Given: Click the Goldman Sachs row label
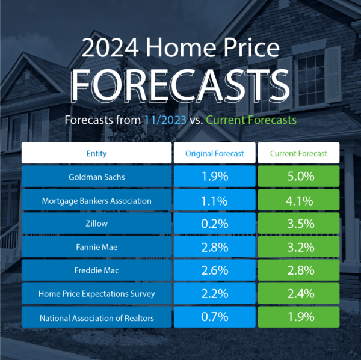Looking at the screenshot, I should [97, 177].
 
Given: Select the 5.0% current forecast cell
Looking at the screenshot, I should [298, 177].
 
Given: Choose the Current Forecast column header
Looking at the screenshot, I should [298, 154].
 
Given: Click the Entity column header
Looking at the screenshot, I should [97, 154].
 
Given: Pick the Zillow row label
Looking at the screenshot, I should [97, 224].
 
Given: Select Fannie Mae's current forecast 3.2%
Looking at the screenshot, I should [298, 247].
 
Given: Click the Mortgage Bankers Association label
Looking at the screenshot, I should [97, 201].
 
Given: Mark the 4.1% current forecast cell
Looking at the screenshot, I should [298, 201].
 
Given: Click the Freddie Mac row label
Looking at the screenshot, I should [97, 270].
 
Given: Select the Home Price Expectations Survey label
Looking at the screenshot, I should [97, 294].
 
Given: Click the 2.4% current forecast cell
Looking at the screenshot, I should [298, 294].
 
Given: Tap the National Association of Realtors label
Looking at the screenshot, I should [97, 317].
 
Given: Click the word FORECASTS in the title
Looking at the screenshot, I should [180, 85].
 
